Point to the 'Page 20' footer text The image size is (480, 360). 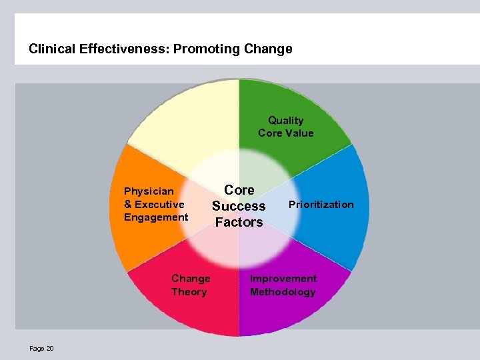41,349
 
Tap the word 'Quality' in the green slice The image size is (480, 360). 285,121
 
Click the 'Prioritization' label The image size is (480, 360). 321,205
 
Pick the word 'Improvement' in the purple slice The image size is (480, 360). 283,279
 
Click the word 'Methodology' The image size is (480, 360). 283,292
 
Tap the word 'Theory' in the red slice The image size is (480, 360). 189,292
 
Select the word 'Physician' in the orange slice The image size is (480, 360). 149,191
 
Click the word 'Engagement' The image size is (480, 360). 156,217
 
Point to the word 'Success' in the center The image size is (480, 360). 239,206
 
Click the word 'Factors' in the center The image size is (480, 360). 239,222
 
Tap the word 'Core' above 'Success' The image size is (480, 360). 239,190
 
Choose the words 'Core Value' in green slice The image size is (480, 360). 285,133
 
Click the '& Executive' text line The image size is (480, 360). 154,205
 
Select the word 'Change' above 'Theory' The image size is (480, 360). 191,279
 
